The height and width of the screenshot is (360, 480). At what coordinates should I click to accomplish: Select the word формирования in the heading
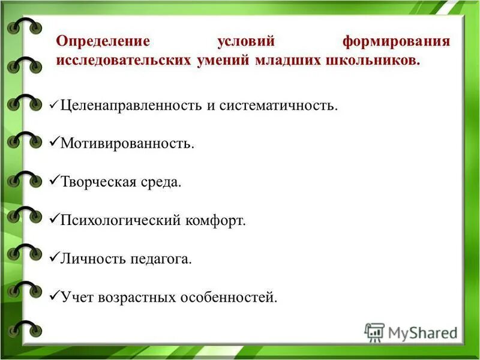(396, 43)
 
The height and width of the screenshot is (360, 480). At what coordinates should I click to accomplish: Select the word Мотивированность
(127, 145)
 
